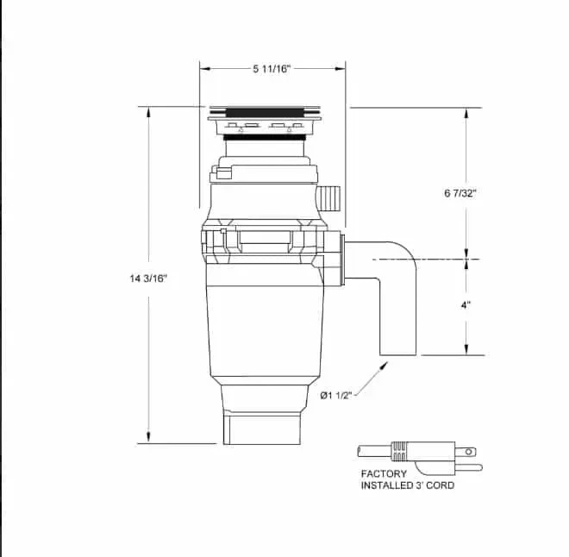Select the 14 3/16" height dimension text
pyautogui.click(x=148, y=278)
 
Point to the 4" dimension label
pyautogui.click(x=466, y=304)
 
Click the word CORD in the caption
pyautogui.click(x=438, y=485)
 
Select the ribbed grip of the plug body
pyautogui.click(x=399, y=451)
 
